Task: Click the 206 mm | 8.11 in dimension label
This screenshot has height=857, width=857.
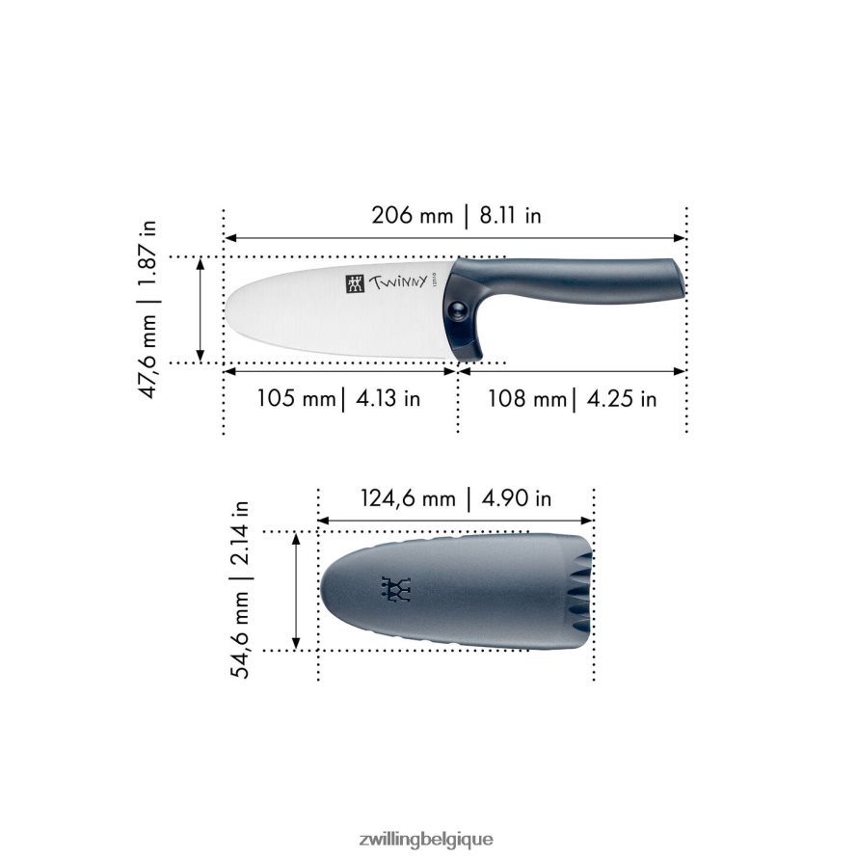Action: [456, 215]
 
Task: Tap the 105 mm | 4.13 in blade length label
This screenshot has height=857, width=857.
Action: [338, 398]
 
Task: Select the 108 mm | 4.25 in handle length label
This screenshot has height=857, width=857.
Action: [572, 398]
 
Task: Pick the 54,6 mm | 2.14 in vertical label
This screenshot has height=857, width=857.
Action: [241, 589]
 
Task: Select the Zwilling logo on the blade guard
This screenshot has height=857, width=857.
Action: [395, 589]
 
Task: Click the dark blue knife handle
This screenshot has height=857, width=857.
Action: [578, 280]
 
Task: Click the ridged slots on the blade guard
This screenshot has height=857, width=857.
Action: [576, 590]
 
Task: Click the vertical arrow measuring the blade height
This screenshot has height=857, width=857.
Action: [201, 309]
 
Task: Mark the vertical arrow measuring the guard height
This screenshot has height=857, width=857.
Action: [296, 590]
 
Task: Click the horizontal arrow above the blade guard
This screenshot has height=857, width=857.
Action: [456, 521]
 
